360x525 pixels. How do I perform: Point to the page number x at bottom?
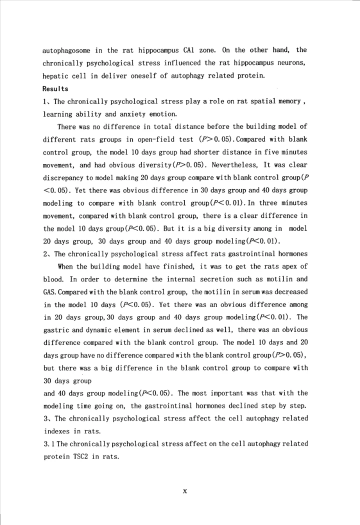click(x=184, y=491)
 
